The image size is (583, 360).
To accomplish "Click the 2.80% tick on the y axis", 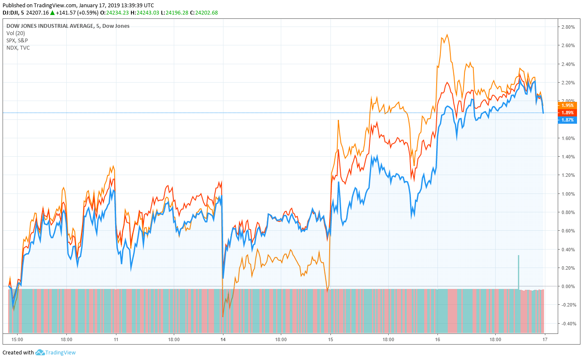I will coord(568,27).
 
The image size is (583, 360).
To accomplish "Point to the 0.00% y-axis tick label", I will coord(568,286).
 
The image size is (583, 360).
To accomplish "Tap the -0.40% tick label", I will coord(568,324).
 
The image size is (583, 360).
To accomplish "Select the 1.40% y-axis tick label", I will coord(568,157).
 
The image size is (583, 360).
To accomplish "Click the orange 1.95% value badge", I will coord(568,105).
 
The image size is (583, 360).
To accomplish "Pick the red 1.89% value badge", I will coord(568,113).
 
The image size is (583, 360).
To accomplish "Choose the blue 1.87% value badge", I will coord(568,120).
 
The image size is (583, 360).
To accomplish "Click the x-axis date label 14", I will coord(223,339).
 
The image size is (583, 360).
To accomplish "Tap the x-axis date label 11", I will coord(116,339).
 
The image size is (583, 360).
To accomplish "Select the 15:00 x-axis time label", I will coord(17,339).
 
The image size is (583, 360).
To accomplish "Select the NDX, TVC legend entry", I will coord(18,48).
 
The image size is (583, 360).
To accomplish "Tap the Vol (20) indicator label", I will coord(15,33).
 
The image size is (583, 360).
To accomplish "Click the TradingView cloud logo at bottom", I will coord(40,352).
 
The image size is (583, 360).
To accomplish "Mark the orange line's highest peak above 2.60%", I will coord(447,35).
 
